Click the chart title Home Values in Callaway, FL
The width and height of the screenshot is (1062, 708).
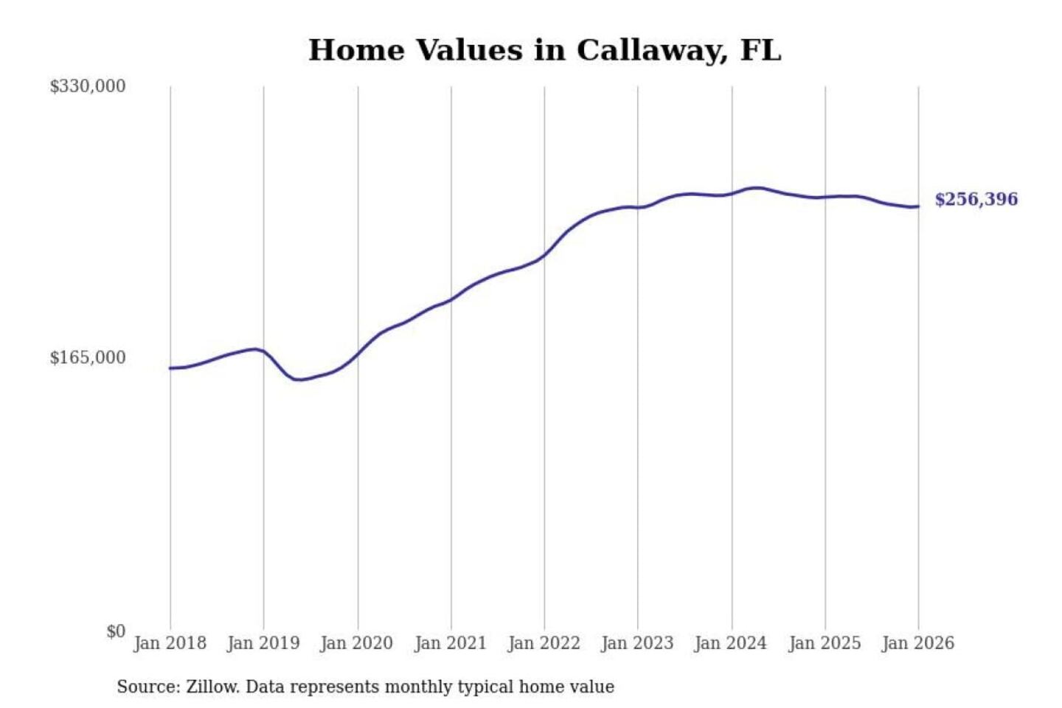click(544, 50)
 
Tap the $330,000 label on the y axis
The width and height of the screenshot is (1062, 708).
click(88, 86)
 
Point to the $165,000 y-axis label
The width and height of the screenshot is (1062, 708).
click(88, 358)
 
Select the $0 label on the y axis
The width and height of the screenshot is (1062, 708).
click(116, 631)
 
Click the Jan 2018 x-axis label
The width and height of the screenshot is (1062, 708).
click(170, 643)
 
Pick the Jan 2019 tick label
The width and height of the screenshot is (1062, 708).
click(263, 643)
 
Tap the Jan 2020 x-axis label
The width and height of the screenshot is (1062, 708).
click(357, 643)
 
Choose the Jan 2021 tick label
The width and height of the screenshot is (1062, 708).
click(451, 643)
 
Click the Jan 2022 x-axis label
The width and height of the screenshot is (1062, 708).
click(544, 643)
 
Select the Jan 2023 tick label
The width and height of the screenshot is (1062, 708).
click(637, 643)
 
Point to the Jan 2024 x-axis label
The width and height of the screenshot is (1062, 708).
click(731, 643)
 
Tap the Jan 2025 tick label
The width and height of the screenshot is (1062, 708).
click(825, 643)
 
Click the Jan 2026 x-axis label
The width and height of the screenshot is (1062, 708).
click(918, 643)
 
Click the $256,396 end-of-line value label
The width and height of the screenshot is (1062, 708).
click(976, 199)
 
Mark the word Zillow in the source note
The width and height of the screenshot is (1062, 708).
click(212, 687)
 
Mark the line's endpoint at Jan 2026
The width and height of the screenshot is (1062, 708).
click(918, 206)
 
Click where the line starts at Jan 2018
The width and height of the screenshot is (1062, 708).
click(170, 368)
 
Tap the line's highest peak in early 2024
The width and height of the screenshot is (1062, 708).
click(757, 188)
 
